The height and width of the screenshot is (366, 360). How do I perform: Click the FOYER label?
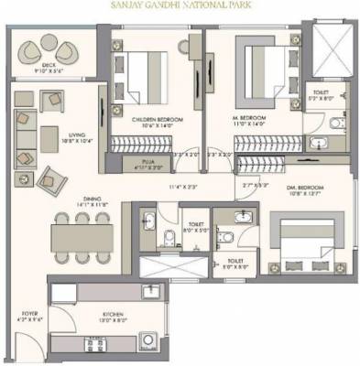28,315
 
